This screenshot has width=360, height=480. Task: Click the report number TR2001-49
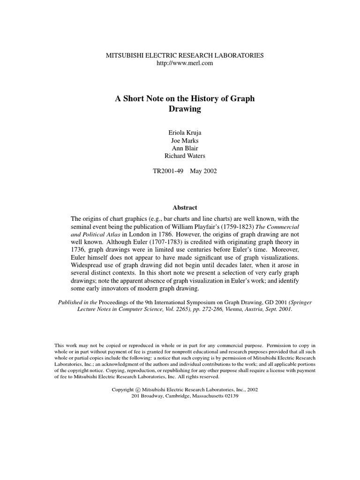[x=168, y=171]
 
